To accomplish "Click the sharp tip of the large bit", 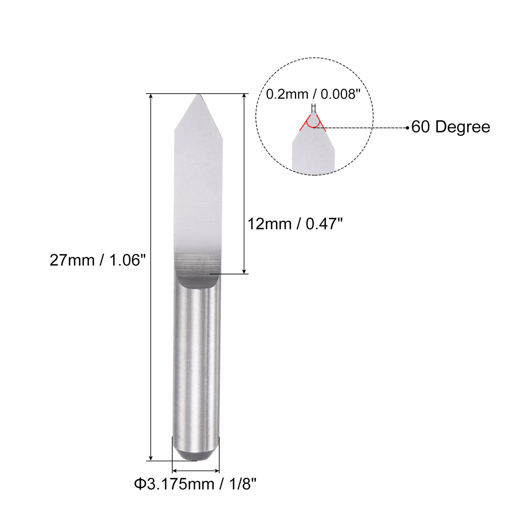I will point(198,95).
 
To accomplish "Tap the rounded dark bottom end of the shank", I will point(196,456).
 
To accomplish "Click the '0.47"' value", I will point(324,224).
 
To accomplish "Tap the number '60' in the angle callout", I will point(421,127).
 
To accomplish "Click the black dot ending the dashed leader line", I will point(408,128).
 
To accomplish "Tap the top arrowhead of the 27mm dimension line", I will point(151,97).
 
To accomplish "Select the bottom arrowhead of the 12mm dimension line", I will point(244,271).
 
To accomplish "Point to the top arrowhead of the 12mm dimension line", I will point(244,97).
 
